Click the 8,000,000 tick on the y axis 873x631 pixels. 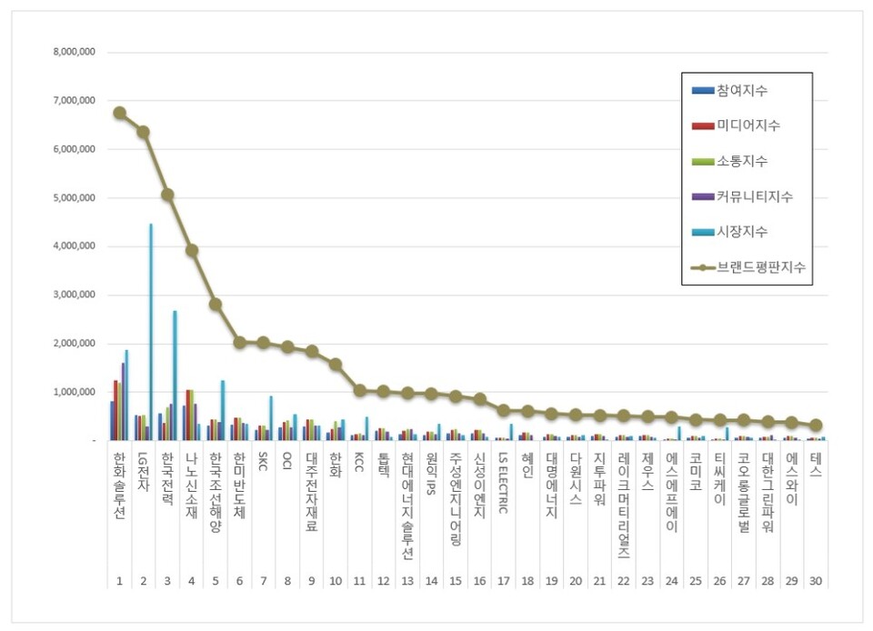pyautogui.click(x=75, y=53)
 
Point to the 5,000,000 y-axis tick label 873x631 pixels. pyautogui.click(x=75, y=198)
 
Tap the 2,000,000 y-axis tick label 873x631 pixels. pyautogui.click(x=75, y=344)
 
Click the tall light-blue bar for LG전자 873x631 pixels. pyautogui.click(x=151, y=332)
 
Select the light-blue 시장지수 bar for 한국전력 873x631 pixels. pyautogui.click(x=175, y=376)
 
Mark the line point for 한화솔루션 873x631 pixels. pyautogui.click(x=119, y=113)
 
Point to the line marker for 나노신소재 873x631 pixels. pyautogui.click(x=191, y=250)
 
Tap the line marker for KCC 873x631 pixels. pyautogui.click(x=359, y=390)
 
